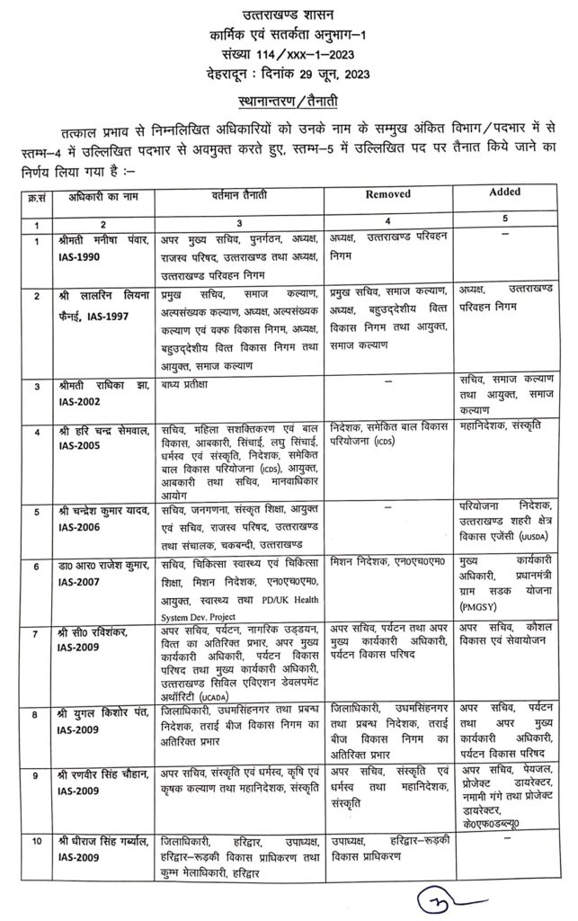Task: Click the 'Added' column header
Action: click(x=506, y=192)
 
